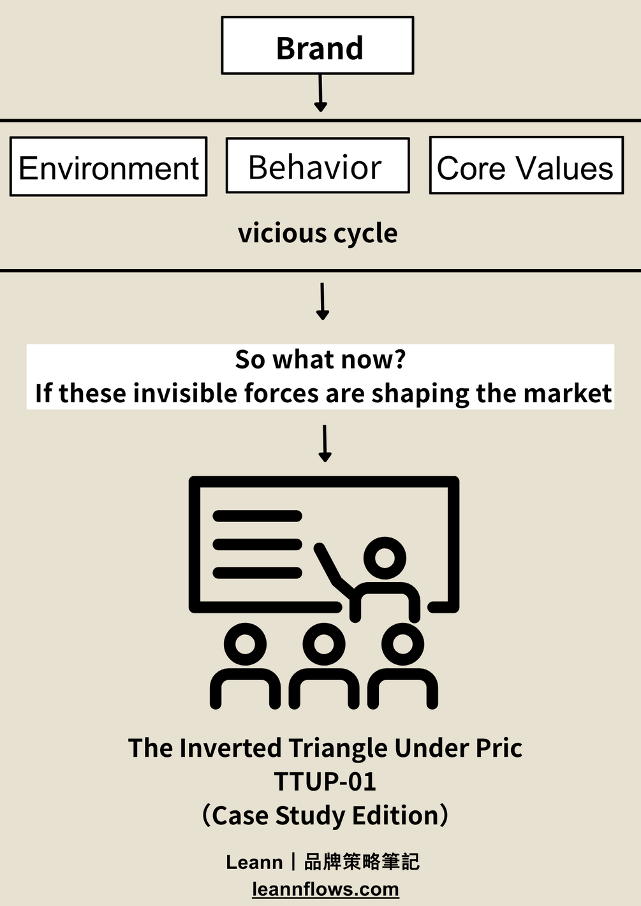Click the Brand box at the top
[318, 46]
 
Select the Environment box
[108, 167]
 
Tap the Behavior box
[317, 166]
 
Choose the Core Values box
[526, 166]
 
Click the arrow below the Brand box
[321, 93]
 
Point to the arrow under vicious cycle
[323, 301]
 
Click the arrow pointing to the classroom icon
[325, 443]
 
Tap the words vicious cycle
[318, 233]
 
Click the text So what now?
[320, 360]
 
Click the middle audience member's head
[324, 643]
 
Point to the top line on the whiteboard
[257, 516]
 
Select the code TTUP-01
[325, 782]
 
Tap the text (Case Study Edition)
[325, 815]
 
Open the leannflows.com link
[325, 889]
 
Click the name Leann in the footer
[254, 862]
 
